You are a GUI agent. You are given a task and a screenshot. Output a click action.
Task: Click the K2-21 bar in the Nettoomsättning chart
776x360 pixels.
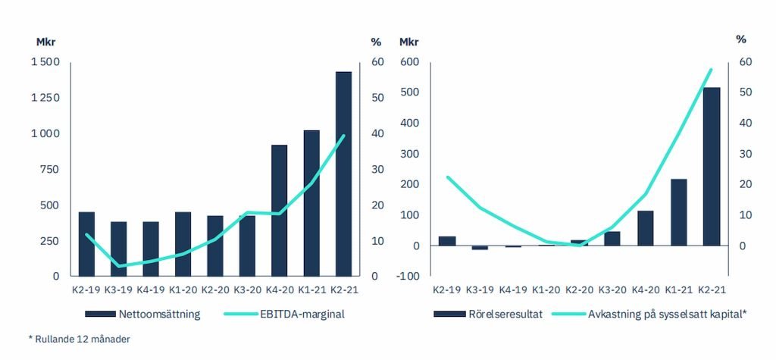[344, 174]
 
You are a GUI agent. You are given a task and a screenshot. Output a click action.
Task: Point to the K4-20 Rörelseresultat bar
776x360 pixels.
[646, 228]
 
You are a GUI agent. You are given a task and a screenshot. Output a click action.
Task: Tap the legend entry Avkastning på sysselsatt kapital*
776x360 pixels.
[663, 314]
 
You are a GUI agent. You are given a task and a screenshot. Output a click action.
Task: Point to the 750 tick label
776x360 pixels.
[50, 169]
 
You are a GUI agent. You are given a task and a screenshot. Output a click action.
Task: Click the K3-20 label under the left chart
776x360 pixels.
[247, 290]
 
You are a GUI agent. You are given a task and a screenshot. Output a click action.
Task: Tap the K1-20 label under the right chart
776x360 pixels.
[546, 290]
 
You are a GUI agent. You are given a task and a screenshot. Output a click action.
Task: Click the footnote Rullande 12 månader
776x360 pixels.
[79, 339]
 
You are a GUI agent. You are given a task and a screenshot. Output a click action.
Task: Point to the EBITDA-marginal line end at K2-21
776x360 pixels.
[344, 136]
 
